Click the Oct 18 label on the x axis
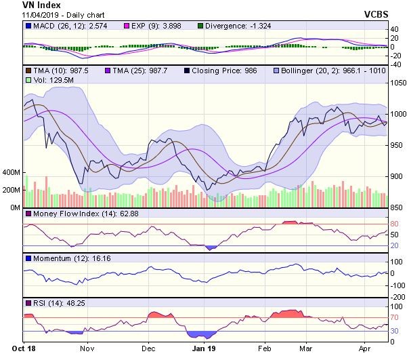click(x=23, y=350)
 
